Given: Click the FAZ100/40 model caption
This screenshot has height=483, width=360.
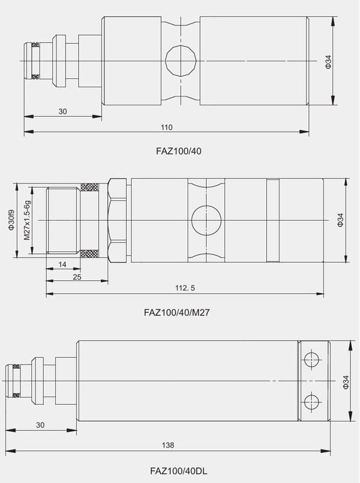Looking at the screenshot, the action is click(178, 151).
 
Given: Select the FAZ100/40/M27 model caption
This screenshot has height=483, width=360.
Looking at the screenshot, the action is click(177, 313).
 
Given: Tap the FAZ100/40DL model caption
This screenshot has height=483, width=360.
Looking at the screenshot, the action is click(178, 471).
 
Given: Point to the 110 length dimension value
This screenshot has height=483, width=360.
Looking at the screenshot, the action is click(166, 128).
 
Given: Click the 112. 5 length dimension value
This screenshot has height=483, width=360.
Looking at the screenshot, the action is click(185, 288).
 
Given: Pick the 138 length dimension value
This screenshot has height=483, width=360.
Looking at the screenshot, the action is click(168, 445).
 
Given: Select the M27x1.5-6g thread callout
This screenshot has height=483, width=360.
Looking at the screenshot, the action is click(28, 220).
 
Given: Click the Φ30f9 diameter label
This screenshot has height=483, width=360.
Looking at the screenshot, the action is click(11, 220).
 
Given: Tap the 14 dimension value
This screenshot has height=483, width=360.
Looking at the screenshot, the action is click(62, 264).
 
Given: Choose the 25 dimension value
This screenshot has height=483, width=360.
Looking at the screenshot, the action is click(77, 277).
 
